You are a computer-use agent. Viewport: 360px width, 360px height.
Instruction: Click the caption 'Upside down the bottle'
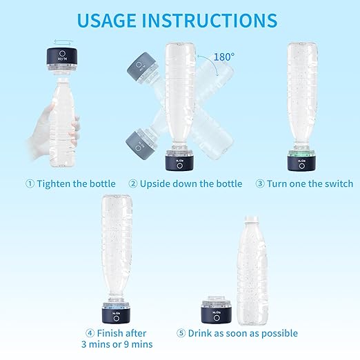[x=190, y=183]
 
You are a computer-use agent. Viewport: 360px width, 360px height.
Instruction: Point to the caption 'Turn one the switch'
[x=308, y=183]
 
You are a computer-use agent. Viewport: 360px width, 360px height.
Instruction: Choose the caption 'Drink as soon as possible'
[x=246, y=334]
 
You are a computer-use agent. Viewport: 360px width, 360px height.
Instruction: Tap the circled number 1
[x=30, y=183]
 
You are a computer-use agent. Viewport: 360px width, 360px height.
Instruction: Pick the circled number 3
[x=260, y=183]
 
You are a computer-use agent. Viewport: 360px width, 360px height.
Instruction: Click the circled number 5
[x=181, y=334]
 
